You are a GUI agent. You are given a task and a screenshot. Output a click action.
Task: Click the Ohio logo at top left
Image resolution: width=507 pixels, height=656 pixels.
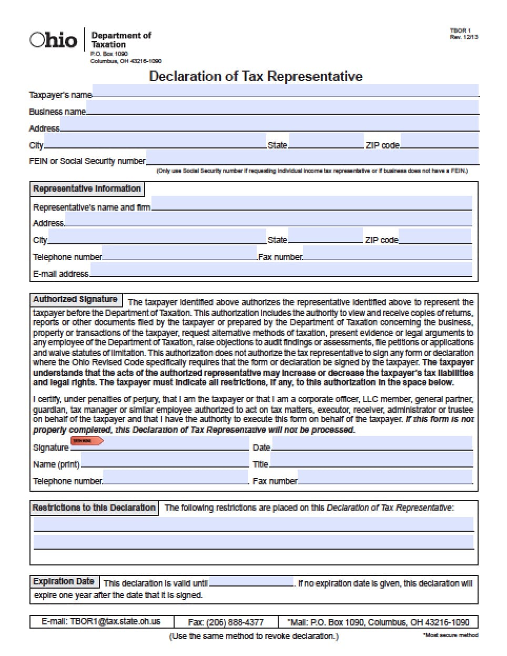(x=53, y=41)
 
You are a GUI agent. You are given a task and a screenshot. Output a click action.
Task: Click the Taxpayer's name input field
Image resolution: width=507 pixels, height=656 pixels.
(x=285, y=91)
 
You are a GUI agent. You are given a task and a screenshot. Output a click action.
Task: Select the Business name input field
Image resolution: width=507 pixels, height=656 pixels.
(x=282, y=108)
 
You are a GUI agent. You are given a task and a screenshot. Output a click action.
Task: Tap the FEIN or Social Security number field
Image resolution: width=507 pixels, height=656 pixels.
(x=312, y=157)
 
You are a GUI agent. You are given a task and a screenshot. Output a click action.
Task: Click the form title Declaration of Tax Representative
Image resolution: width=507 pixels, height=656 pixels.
(x=256, y=76)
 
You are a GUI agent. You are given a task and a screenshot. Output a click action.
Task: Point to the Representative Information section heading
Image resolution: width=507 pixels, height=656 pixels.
(x=87, y=189)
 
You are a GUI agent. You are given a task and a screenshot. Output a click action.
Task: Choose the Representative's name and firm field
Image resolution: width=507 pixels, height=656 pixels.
(x=311, y=204)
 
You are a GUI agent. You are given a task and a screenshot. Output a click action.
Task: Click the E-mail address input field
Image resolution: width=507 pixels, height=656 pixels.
(x=281, y=270)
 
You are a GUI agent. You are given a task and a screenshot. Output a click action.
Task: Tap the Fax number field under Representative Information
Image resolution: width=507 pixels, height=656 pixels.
(x=387, y=253)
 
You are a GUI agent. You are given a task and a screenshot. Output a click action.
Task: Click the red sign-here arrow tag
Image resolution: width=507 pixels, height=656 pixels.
(x=87, y=441)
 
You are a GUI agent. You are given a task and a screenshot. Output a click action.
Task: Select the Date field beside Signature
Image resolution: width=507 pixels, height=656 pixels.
(x=372, y=444)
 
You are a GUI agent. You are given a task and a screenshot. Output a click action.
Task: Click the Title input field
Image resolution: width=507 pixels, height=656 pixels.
(x=371, y=461)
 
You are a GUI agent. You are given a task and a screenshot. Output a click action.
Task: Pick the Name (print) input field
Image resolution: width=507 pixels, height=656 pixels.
(x=165, y=461)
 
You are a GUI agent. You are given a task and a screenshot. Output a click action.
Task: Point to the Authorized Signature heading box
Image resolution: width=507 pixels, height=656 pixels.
(x=75, y=300)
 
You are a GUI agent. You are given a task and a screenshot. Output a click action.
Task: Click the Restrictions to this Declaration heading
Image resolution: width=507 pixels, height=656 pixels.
(x=94, y=508)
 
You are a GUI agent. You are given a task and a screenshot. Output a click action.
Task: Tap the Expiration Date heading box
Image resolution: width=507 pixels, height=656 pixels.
(x=64, y=582)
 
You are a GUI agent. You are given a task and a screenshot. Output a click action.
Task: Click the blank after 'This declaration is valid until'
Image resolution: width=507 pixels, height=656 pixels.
(x=251, y=582)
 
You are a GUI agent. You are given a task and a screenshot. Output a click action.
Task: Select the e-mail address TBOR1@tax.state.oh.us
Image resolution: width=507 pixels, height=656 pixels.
(x=101, y=622)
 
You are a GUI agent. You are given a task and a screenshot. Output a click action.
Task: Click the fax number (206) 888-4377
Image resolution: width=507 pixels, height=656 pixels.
(x=226, y=622)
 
